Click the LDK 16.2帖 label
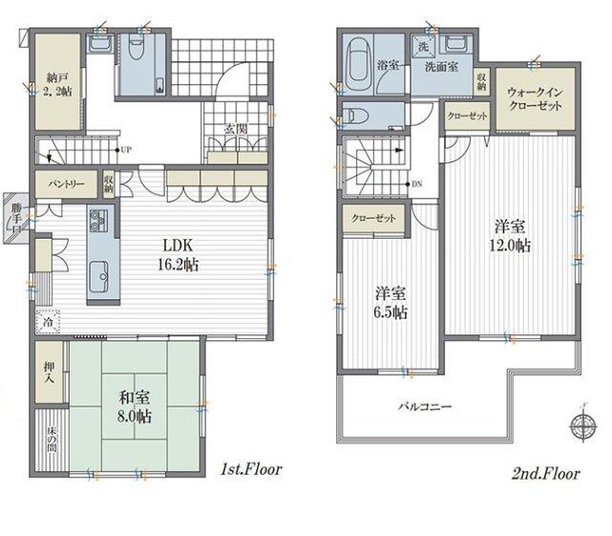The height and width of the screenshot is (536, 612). pos(179,255)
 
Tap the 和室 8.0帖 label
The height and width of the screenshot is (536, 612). pos(135,407)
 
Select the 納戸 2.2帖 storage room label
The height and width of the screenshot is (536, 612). pos(57,84)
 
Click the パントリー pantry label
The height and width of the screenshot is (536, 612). pos(66,183)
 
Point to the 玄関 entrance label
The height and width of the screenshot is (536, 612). pos(236,129)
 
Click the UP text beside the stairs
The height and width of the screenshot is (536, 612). pos(126,150)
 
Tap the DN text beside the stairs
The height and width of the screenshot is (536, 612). pos(417,183)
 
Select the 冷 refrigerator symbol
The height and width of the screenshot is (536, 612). pos(48,322)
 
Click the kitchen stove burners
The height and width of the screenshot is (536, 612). pos(98,221)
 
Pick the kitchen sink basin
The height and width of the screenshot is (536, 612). pos(98,276)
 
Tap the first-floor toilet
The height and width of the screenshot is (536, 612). pos(136,49)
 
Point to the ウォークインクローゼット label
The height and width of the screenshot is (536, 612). pos(535,98)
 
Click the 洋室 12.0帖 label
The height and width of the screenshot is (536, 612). pos(510,236)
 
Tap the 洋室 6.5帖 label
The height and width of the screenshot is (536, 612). pos(390,302)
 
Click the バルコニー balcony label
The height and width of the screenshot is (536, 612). pos(425,407)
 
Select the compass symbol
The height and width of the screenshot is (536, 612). pos(583,422)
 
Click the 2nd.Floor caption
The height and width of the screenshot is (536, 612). pos(546,474)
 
